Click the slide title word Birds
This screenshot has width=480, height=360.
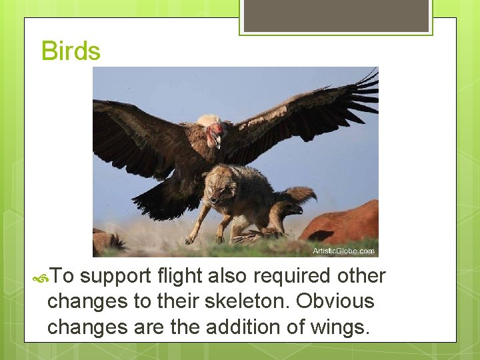pyautogui.click(x=71, y=51)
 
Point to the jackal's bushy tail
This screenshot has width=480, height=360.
pyautogui.click(x=299, y=195)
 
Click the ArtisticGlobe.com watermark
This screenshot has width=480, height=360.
pyautogui.click(x=343, y=251)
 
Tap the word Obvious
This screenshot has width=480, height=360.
pyautogui.click(x=335, y=301)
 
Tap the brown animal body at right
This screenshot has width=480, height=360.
pyautogui.click(x=343, y=223)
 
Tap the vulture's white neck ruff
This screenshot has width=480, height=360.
pyautogui.click(x=208, y=121)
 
